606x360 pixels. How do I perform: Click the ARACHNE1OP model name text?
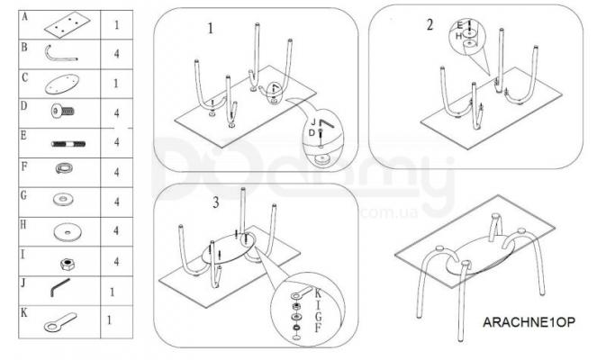click(529, 322)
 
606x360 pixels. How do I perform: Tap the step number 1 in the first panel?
click(210, 29)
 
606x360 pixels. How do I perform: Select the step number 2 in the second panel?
click(430, 24)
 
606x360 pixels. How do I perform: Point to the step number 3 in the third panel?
click(216, 202)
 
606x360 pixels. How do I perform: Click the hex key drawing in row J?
click(60, 287)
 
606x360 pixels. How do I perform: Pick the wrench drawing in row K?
click(60, 322)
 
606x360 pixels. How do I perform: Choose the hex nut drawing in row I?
click(68, 264)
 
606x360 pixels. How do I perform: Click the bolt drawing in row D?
click(63, 112)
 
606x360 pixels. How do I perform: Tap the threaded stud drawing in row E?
click(68, 144)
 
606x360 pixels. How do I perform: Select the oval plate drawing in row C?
click(62, 85)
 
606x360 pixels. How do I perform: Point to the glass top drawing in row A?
click(68, 25)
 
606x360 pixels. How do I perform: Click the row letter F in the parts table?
click(24, 166)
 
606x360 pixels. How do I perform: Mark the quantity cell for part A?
click(117, 24)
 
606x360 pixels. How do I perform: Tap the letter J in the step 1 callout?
click(314, 122)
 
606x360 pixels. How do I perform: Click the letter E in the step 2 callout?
click(459, 26)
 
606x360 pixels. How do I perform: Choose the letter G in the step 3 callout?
click(318, 317)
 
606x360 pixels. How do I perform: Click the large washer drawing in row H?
click(68, 232)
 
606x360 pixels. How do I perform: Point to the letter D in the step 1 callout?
click(312, 133)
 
